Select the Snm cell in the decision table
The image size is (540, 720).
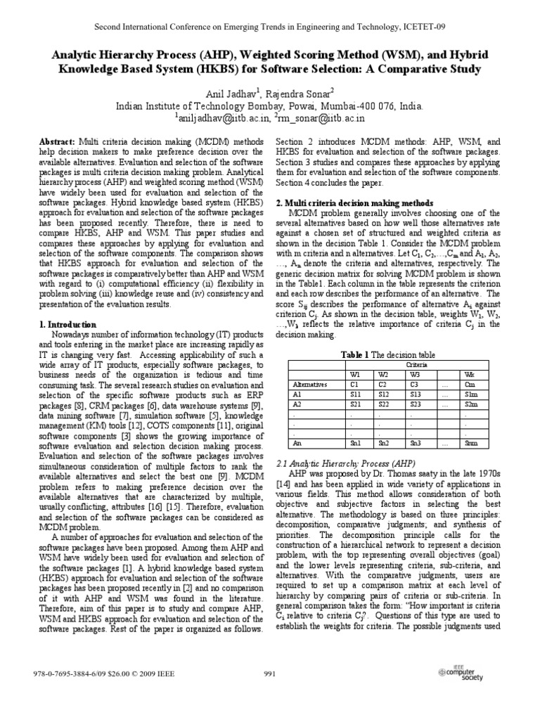point(471,443)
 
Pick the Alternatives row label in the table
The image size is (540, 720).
point(309,385)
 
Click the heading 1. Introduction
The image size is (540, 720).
point(65,324)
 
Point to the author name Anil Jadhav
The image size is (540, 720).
point(214,91)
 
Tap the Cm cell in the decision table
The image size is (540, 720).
point(470,385)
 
